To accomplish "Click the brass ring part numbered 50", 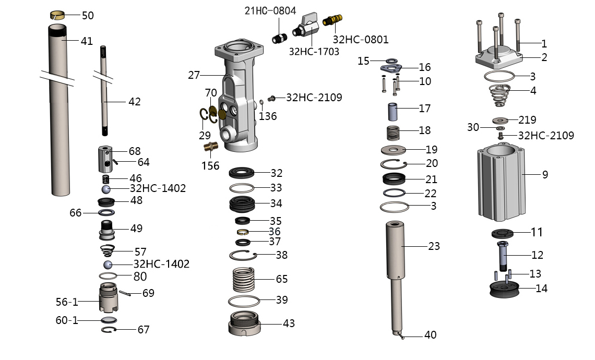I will pos(57,15).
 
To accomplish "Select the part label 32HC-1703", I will pos(314,51).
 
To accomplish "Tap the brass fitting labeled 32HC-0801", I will pos(332,21).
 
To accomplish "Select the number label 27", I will pos(194,75).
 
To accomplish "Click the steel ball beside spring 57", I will pos(108,264).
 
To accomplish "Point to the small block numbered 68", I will pos(106,159).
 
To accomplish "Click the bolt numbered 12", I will pos(504,256).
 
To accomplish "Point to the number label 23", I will pos(434,246).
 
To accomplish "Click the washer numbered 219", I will pos(501,120).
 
